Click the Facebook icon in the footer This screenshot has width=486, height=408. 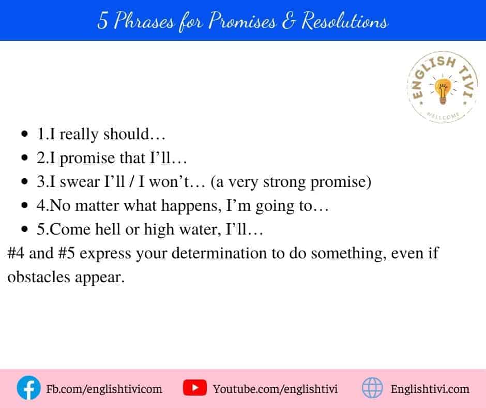(28, 388)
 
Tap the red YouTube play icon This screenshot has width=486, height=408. (194, 387)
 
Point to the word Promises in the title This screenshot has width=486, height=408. (242, 21)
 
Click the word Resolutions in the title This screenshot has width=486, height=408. (345, 21)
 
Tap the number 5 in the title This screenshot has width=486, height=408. (102, 21)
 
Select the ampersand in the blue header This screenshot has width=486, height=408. (288, 21)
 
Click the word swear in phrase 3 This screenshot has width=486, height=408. (80, 182)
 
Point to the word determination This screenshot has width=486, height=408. (219, 253)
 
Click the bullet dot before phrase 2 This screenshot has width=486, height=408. (24, 158)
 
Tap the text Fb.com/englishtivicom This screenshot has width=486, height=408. (104, 389)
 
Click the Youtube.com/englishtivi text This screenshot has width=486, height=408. (275, 389)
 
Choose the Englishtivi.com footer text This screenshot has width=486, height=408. (430, 389)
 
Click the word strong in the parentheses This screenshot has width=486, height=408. (284, 182)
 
